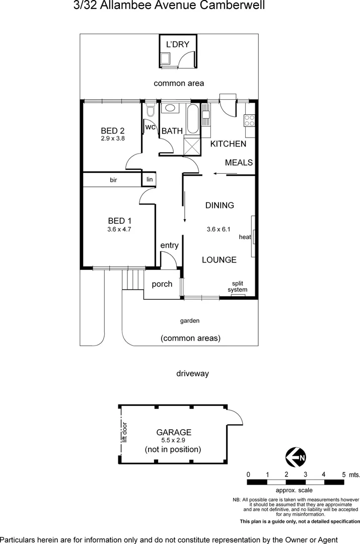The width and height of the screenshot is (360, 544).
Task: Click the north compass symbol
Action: click(x=296, y=457)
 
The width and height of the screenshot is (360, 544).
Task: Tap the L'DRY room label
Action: click(x=178, y=44)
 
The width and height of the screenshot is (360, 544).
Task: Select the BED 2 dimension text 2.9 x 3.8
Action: click(x=112, y=138)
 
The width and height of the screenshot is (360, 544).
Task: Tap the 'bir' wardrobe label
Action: click(x=113, y=179)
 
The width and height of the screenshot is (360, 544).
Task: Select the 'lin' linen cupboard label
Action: click(x=150, y=179)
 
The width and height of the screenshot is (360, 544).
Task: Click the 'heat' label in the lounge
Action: click(x=245, y=237)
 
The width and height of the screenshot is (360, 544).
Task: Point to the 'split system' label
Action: click(x=237, y=287)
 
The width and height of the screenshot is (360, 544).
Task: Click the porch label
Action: click(x=162, y=284)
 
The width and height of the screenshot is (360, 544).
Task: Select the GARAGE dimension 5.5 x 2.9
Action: click(x=174, y=440)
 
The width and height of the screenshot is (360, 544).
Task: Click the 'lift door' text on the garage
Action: click(x=124, y=432)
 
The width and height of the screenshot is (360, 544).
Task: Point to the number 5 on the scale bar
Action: click(x=344, y=474)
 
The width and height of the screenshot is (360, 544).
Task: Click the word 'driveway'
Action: click(x=192, y=374)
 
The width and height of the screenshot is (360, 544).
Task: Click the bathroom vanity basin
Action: click(x=170, y=108)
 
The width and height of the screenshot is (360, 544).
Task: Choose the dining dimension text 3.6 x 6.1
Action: click(x=219, y=229)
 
